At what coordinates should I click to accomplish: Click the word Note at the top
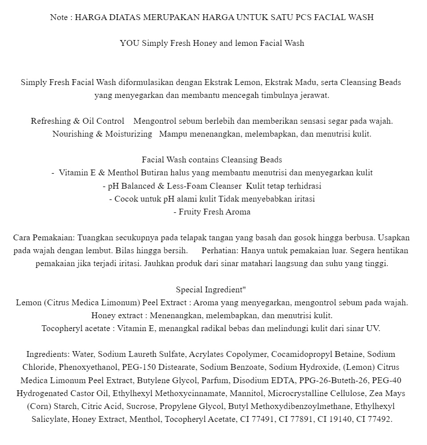click(x=59, y=17)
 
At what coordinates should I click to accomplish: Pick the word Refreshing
click(x=50, y=121)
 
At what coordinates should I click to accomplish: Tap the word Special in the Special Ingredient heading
click(x=189, y=290)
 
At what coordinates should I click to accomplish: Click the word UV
click(x=372, y=328)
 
